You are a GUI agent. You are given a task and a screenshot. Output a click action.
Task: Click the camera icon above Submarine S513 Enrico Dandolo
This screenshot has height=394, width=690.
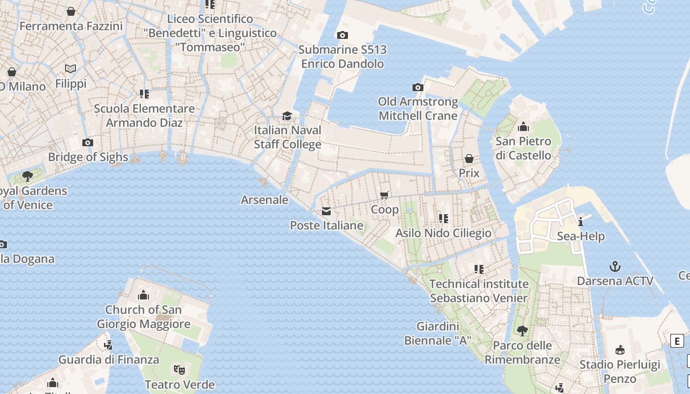(342, 35)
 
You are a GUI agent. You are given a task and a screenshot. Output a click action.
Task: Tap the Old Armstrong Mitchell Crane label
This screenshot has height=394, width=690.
(418, 108)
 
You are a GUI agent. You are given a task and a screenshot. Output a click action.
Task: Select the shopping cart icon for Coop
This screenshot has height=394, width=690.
(385, 195)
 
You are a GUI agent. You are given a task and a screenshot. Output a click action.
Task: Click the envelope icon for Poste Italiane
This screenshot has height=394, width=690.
(326, 211)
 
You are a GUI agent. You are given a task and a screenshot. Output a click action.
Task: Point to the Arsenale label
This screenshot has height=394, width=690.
(264, 199)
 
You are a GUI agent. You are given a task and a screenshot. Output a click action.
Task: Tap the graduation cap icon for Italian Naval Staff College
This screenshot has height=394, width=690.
(287, 116)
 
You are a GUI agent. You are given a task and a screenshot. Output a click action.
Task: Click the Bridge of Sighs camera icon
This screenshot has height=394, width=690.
(88, 143)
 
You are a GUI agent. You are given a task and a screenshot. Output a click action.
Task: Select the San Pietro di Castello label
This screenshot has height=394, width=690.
(523, 148)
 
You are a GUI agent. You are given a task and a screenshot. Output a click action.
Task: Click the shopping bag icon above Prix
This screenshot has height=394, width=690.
(469, 159)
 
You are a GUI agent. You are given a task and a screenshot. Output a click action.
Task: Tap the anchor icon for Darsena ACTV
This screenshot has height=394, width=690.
(615, 267)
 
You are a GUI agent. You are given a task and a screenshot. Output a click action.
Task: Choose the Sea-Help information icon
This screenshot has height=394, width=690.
(581, 222)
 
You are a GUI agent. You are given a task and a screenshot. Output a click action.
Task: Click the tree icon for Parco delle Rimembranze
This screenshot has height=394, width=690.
(522, 331)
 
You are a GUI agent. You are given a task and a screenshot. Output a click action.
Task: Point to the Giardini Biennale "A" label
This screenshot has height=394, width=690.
(438, 333)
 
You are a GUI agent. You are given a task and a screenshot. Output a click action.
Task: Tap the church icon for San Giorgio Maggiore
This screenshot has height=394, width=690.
(143, 295)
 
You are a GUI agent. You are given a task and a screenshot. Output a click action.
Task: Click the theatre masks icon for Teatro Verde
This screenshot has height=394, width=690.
(179, 369)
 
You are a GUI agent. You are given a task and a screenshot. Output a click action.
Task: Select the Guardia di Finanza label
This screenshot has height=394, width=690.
(109, 360)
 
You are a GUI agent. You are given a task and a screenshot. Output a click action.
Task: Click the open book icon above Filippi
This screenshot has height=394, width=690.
(70, 69)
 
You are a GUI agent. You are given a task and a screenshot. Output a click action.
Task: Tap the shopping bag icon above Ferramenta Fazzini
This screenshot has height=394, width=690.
(71, 11)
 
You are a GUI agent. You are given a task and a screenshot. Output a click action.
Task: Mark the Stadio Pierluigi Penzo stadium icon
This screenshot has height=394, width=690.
(620, 350)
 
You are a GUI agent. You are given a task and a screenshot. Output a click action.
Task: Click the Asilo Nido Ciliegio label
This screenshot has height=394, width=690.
(443, 233)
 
